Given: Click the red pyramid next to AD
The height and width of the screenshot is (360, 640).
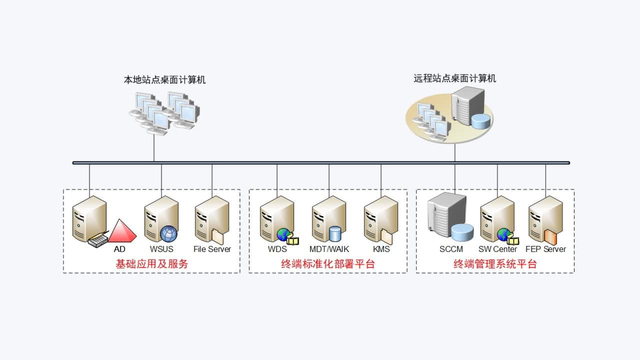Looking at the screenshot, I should (122, 231).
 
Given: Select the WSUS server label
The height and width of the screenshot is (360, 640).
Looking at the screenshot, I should (161, 249).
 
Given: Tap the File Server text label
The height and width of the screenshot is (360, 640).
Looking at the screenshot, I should (212, 249).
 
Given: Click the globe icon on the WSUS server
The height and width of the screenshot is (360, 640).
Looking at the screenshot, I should (168, 233).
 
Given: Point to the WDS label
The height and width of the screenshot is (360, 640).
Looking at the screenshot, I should (277, 249).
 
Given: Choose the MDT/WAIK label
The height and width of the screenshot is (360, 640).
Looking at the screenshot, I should (329, 249).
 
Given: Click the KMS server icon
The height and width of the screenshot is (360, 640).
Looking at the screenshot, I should (380, 220).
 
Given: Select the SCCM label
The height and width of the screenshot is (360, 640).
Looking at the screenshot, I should (451, 249).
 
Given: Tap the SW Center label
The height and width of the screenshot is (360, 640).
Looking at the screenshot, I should (497, 249).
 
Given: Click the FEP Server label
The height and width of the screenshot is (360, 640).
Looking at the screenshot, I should (545, 249).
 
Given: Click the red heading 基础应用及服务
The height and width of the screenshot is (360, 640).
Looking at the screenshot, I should (151, 264).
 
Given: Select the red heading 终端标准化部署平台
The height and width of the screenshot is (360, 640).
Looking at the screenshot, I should (328, 264).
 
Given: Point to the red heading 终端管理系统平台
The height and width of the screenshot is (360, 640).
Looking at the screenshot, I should (495, 264).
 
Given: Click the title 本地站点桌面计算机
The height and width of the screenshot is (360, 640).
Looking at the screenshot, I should (164, 79).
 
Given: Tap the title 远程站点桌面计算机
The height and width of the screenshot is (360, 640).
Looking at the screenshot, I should (454, 78).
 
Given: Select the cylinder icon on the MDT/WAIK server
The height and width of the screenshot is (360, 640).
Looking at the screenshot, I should (334, 234).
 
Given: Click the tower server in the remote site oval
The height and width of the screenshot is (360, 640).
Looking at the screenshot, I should (467, 105).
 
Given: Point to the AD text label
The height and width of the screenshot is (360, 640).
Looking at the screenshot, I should (119, 249).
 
